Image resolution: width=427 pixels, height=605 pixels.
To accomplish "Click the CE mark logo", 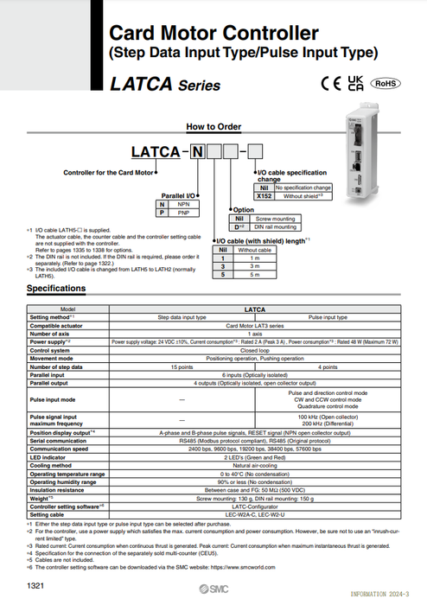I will click(x=329, y=85).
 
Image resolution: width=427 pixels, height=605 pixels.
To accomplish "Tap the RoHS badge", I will click(x=386, y=84).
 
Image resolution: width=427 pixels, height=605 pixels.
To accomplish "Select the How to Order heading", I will click(x=213, y=126).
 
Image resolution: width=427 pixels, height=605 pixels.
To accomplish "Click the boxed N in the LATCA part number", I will click(x=197, y=153).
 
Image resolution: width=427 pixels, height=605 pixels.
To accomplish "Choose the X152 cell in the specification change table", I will click(x=263, y=195).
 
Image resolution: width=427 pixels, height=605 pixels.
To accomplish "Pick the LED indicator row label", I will click(x=48, y=458).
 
